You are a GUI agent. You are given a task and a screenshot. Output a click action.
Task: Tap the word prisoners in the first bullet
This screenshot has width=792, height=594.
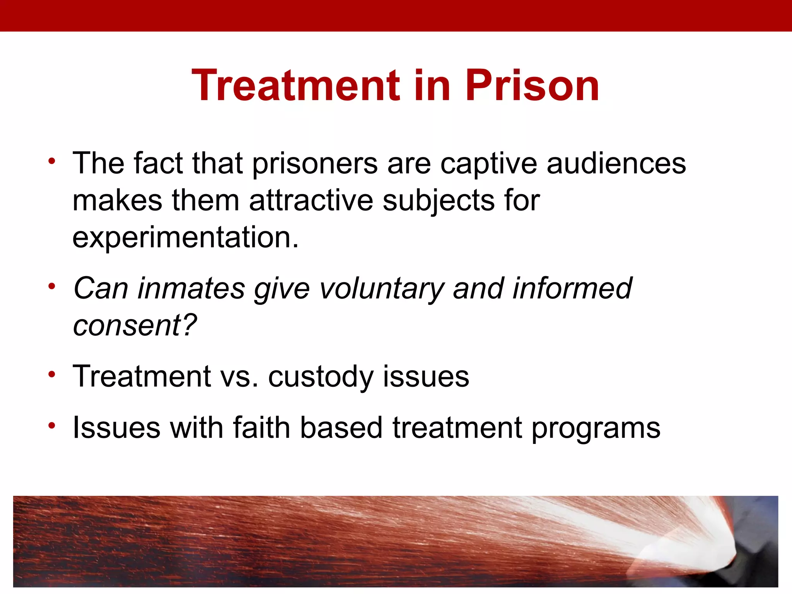click(315, 164)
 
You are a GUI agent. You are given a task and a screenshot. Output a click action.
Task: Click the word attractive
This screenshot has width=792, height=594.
click(311, 201)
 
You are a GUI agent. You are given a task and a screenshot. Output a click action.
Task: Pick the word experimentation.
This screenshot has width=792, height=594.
click(185, 238)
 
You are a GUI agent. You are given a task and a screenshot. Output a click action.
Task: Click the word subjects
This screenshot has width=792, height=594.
click(438, 201)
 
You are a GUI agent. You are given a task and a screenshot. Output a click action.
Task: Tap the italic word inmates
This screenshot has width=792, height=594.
click(191, 289)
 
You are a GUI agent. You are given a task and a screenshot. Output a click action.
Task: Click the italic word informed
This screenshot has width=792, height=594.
click(572, 289)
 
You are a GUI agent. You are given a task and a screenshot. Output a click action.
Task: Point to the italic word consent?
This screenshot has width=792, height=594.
click(135, 326)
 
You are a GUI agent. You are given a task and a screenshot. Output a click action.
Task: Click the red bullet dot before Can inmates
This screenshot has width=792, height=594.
click(52, 287)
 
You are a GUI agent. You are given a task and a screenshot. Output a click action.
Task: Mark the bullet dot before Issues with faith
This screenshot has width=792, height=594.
click(52, 426)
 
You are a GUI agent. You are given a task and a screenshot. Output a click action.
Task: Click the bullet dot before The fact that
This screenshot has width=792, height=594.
click(52, 161)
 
